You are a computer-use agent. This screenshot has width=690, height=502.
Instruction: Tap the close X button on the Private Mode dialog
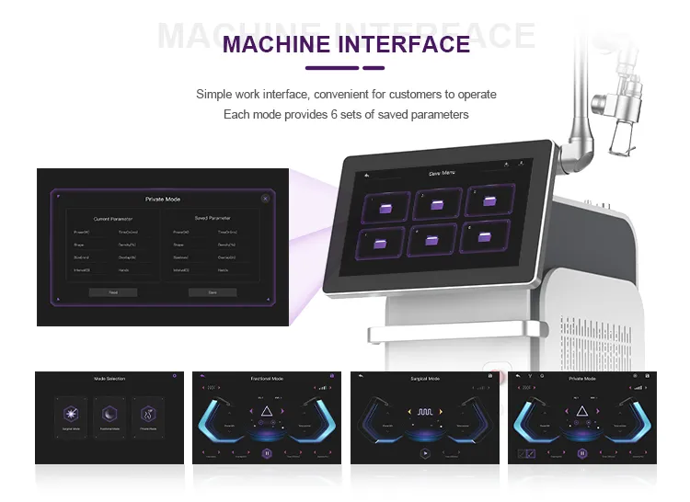click(265, 198)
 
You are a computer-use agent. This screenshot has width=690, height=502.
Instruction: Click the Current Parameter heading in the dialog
click(113, 219)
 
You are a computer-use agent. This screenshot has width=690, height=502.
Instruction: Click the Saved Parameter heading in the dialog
click(213, 219)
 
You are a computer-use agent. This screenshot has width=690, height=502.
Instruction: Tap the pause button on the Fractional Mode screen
click(267, 453)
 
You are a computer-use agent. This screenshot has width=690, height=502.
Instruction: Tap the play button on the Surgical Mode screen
click(425, 453)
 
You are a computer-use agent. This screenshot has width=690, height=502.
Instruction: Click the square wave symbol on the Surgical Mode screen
click(426, 414)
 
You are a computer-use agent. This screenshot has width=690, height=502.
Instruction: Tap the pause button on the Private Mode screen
click(582, 453)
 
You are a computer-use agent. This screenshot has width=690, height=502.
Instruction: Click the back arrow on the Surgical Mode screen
click(362, 376)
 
